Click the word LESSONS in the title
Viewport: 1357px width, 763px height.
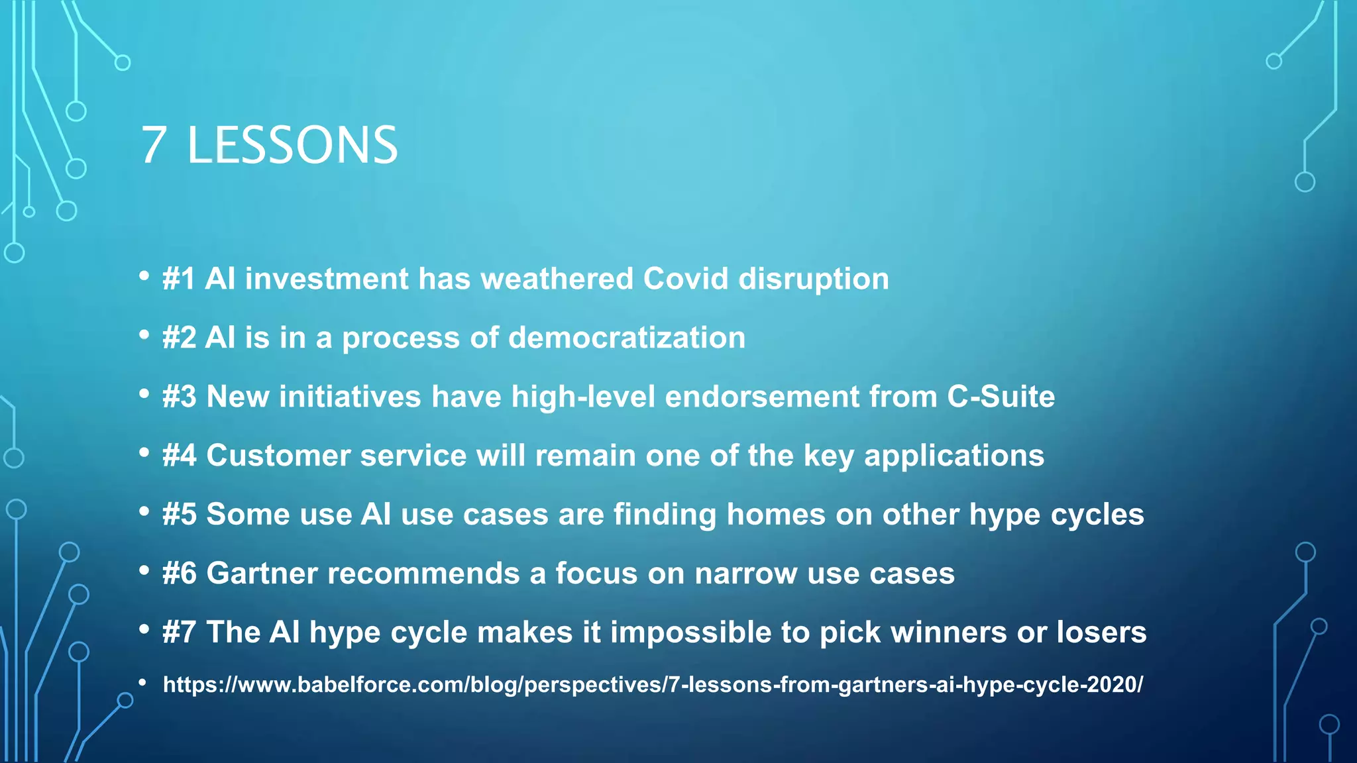(292, 145)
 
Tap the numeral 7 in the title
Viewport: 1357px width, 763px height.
(153, 145)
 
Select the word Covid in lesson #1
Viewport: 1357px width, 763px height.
(686, 279)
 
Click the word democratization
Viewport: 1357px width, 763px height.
(627, 338)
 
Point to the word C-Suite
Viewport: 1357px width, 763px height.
(1001, 397)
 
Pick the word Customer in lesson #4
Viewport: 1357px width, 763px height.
(278, 456)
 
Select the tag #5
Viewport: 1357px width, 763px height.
(180, 515)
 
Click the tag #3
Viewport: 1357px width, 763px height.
(180, 397)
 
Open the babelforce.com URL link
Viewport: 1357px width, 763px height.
(653, 684)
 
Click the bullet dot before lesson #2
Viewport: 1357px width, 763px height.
(144, 335)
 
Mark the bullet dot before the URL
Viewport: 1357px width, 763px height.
(142, 682)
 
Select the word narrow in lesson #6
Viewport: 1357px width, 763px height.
(745, 574)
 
